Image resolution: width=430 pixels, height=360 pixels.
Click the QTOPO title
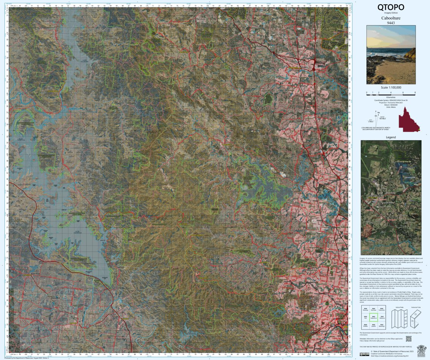tap(391, 7)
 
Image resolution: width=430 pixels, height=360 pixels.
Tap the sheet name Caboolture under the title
tap(391, 18)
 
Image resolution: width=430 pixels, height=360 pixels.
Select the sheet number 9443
tap(391, 23)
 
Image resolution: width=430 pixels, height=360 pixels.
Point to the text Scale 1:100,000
tap(391, 88)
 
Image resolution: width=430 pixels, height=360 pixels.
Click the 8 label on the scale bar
tap(415, 92)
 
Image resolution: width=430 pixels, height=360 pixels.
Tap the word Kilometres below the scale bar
tap(391, 97)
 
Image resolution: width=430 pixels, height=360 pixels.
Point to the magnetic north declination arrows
tap(378, 117)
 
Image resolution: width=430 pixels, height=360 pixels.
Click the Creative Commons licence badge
tap(364, 354)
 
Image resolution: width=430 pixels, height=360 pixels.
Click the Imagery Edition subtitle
tap(391, 13)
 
